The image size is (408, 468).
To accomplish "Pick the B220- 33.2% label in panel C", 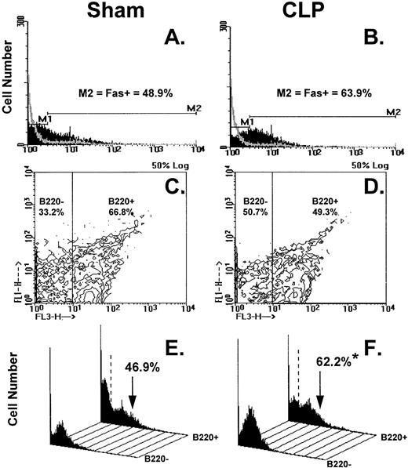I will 50,207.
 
